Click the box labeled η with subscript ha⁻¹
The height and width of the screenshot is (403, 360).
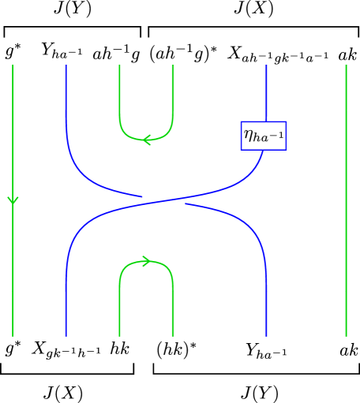pos(263,136)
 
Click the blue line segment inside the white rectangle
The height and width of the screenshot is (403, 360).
pos(163,203)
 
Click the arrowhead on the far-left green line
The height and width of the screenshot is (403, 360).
pos(13,200)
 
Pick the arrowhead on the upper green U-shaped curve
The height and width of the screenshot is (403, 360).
pos(146,140)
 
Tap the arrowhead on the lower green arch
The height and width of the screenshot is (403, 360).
pos(146,261)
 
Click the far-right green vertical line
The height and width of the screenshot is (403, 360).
pos(346,237)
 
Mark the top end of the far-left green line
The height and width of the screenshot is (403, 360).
pos(13,66)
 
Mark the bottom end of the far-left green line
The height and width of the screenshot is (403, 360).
pos(13,335)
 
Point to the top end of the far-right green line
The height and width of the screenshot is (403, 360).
pos(346,66)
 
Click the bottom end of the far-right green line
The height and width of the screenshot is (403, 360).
pos(346,335)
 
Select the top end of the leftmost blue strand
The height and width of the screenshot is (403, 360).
pos(66,66)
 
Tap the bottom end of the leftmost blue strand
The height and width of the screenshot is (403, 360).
pos(66,335)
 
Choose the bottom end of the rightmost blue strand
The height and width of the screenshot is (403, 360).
pos(267,335)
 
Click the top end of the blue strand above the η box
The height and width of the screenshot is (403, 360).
pos(267,66)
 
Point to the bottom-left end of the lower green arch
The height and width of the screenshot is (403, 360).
pos(119,335)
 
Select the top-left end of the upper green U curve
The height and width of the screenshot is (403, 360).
pos(119,66)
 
